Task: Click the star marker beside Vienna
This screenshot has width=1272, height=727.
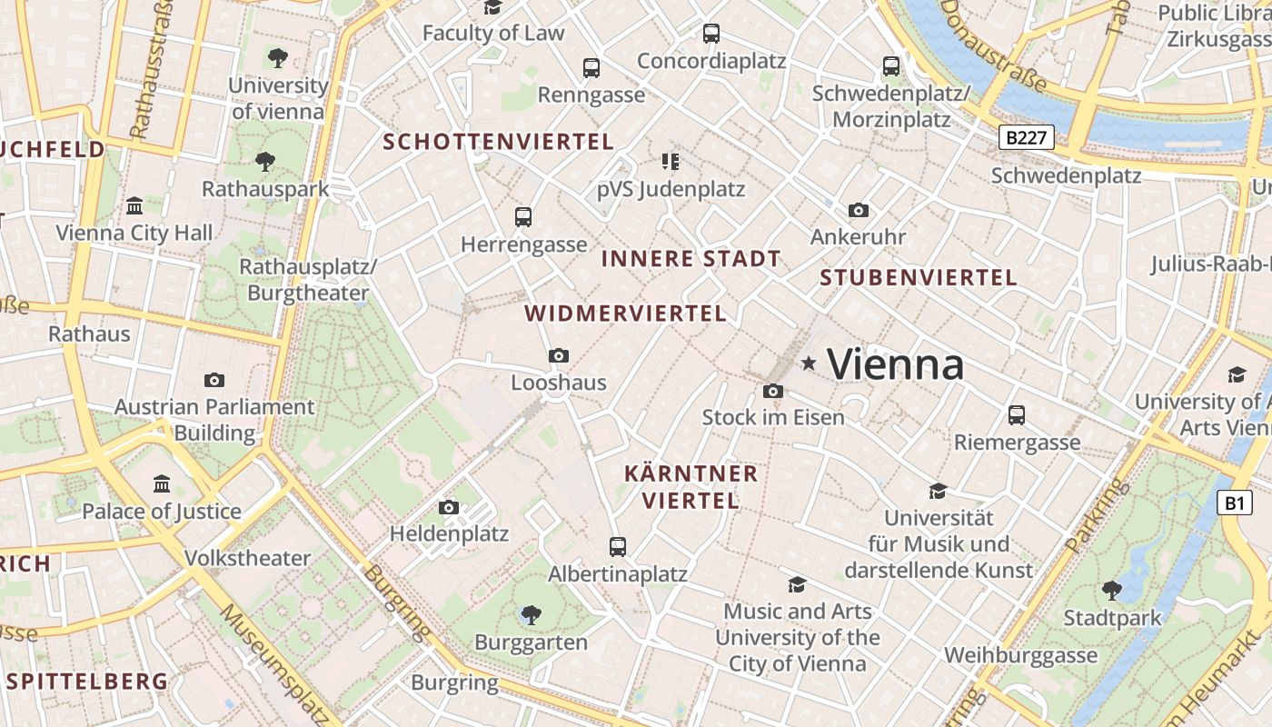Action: coord(809,363)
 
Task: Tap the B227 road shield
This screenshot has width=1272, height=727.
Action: coord(1027,138)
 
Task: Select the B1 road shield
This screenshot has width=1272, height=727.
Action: coord(1233,503)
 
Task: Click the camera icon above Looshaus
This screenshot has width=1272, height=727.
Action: coord(559,355)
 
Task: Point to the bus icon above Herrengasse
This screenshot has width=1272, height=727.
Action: coord(523,217)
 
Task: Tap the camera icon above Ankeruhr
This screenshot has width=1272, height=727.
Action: coord(858,211)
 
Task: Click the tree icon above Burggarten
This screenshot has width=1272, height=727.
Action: coord(532,615)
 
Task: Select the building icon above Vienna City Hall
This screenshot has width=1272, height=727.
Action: coord(134,205)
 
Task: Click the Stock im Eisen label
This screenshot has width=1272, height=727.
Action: coord(773,417)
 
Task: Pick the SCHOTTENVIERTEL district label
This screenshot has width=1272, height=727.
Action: coord(499,142)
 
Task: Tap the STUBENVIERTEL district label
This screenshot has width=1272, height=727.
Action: coord(919,278)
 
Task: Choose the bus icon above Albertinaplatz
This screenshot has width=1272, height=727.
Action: coord(618,547)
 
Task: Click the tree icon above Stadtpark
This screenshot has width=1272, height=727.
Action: coord(1111,591)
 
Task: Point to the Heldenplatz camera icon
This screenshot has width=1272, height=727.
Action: coord(449,507)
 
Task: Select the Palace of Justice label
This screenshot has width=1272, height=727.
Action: coord(162,511)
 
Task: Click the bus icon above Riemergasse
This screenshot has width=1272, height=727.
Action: coord(1017,415)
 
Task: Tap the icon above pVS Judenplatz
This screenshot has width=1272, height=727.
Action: coord(671,163)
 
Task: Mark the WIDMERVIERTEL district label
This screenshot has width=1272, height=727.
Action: coord(626,314)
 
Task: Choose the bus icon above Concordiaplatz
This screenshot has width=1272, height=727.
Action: coord(711,34)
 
